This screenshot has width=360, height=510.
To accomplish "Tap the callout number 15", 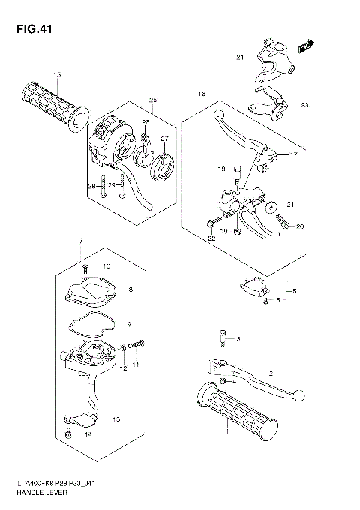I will [x=57, y=74].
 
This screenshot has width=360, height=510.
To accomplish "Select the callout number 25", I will [x=152, y=100].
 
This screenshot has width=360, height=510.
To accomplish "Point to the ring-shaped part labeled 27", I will [x=162, y=167].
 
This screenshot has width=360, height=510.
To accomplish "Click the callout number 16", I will [x=201, y=94].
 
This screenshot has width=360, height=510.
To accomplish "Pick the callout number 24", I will [x=240, y=58].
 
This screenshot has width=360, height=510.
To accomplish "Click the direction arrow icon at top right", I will [x=305, y=46].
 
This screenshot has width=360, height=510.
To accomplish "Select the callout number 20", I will [x=298, y=226].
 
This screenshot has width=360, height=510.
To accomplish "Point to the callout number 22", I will [x=212, y=237].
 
